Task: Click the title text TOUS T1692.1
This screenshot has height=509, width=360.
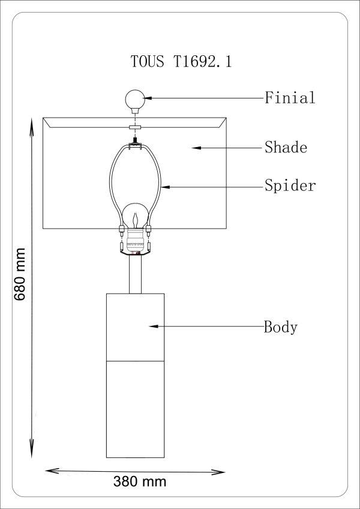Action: coord(181,62)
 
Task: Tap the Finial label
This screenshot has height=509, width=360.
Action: coord(290,98)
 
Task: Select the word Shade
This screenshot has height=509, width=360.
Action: coord(286,148)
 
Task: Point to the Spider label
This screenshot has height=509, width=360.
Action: coord(290,186)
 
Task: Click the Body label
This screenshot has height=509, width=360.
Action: coord(281,327)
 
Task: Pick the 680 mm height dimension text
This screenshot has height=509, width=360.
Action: coord(19,274)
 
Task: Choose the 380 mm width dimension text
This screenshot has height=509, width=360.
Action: coord(140,481)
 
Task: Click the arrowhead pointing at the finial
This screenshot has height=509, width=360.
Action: coord(146,97)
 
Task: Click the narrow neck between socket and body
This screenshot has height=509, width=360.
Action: coord(135,275)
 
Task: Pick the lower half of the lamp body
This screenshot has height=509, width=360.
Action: coord(135,408)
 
